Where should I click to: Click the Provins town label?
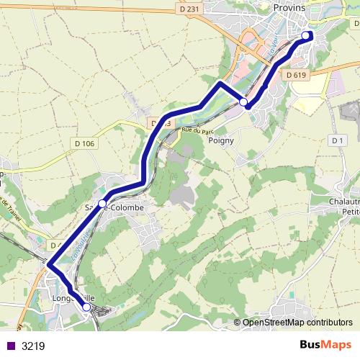tap(289, 7)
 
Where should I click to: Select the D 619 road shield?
tap(295, 74)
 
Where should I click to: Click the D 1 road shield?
tap(336, 140)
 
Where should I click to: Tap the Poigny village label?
tap(221, 140)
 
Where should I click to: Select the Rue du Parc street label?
tap(199, 131)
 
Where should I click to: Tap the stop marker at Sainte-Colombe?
tap(102, 204)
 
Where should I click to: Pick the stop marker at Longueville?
tap(86, 307)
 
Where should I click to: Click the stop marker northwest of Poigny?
tap(243, 102)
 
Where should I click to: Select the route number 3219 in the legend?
tap(33, 346)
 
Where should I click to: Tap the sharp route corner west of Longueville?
tap(49, 266)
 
